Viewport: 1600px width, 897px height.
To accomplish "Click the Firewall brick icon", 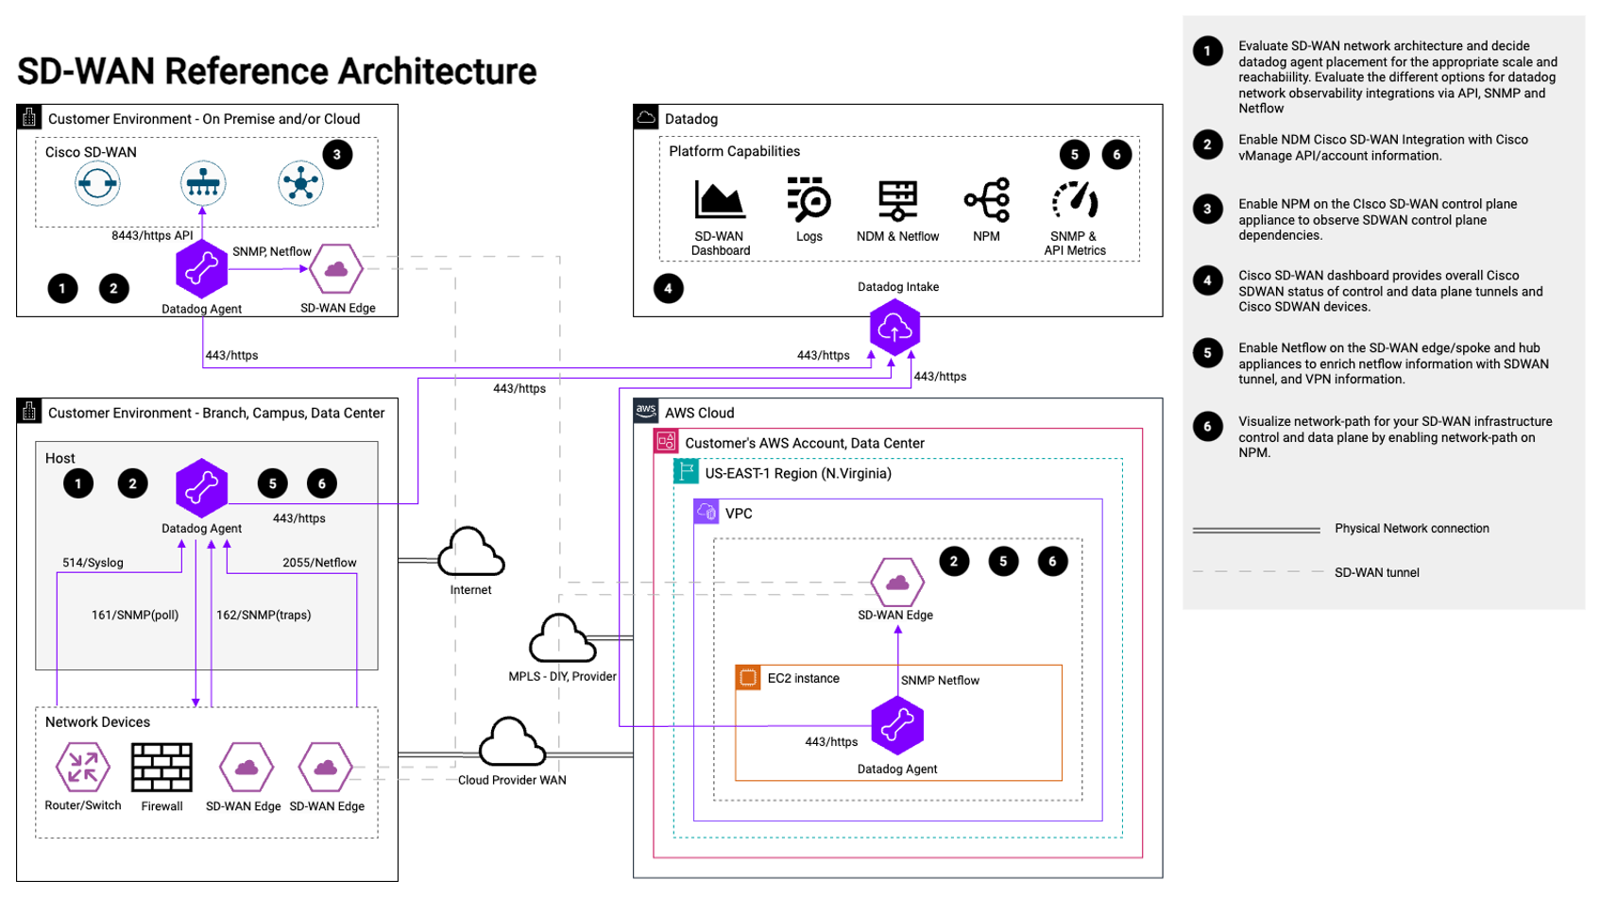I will point(162,767).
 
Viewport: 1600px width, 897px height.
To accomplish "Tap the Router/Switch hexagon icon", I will point(82,767).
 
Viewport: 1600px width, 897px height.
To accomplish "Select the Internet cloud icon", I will point(470,552).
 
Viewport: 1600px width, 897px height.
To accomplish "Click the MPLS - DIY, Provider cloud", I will point(562,639).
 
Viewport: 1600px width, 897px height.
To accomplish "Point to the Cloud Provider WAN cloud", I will point(512,742).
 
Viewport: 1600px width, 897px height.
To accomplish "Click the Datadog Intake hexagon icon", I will point(894,328).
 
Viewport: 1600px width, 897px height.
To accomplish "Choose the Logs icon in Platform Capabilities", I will point(809,199).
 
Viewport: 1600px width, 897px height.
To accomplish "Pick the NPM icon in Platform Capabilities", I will point(986,199).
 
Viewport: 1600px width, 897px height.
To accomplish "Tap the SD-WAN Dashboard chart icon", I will point(720,199).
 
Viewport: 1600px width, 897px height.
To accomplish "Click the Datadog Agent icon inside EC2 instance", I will point(896,725).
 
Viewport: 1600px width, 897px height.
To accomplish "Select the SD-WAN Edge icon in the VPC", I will point(896,583).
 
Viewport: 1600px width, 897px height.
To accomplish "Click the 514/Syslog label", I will point(93,563).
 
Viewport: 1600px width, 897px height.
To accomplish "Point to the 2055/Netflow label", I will point(319,563).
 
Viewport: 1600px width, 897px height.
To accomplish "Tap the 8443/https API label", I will point(152,235).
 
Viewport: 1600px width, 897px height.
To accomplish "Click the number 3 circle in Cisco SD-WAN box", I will point(337,155).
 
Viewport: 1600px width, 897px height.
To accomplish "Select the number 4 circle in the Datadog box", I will point(668,288).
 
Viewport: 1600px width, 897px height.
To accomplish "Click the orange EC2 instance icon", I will point(748,678).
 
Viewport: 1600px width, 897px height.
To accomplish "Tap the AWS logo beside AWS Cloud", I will point(646,411).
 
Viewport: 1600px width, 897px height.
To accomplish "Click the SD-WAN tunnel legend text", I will point(1376,572).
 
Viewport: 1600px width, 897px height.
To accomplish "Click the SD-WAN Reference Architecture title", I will point(277,72).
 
